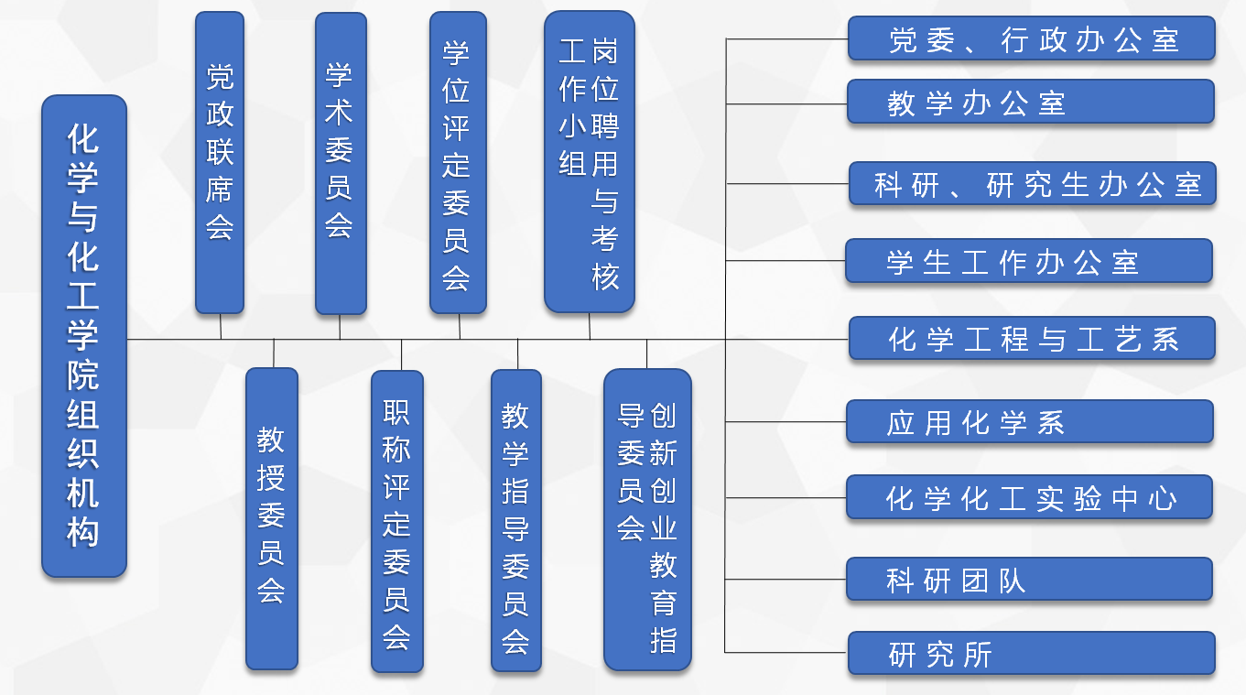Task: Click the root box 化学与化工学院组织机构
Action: pyautogui.click(x=84, y=335)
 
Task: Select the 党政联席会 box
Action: pyautogui.click(x=220, y=162)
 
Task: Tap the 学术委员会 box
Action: pyautogui.click(x=341, y=163)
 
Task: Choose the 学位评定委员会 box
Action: pyautogui.click(x=458, y=162)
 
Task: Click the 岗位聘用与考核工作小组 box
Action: pyautogui.click(x=590, y=161)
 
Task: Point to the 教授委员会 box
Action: pyautogui.click(x=272, y=518)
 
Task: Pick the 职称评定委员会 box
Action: pyautogui.click(x=397, y=521)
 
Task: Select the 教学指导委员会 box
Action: pyautogui.click(x=516, y=520)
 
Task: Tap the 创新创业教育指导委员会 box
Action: pyautogui.click(x=647, y=519)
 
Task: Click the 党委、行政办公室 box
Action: pyautogui.click(x=1031, y=38)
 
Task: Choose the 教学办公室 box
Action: pyautogui.click(x=1031, y=102)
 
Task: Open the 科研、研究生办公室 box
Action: pyautogui.click(x=1033, y=183)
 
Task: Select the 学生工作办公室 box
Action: pyautogui.click(x=1029, y=260)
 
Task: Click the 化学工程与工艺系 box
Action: pyautogui.click(x=1032, y=338)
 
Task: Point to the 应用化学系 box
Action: pyautogui.click(x=1030, y=421)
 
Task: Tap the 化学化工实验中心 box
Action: pyautogui.click(x=1030, y=496)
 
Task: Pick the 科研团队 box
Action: pyautogui.click(x=1030, y=579)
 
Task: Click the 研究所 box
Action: pyautogui.click(x=1032, y=653)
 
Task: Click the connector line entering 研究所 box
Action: pyautogui.click(x=786, y=652)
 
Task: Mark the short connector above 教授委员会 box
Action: pyautogui.click(x=274, y=353)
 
